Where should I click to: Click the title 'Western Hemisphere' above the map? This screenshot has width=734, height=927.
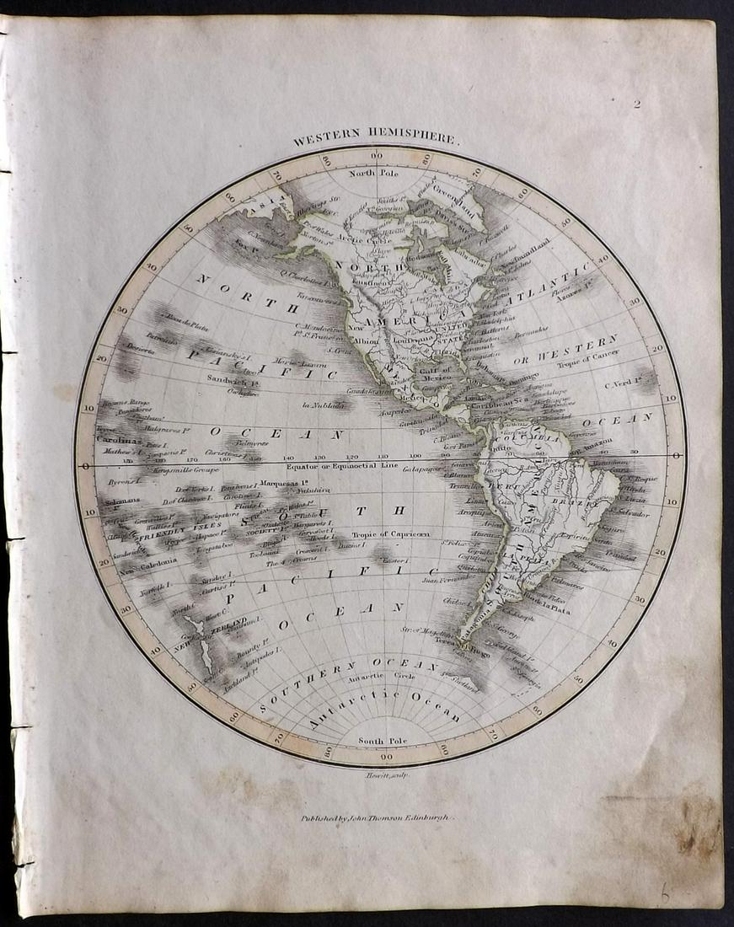(377, 141)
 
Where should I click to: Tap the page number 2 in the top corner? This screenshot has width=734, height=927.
(638, 104)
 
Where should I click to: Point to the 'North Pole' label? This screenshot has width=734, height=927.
(378, 174)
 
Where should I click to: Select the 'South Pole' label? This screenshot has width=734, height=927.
(378, 741)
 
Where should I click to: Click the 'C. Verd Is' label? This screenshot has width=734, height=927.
(627, 386)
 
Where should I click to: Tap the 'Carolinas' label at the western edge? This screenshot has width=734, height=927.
(115, 439)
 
